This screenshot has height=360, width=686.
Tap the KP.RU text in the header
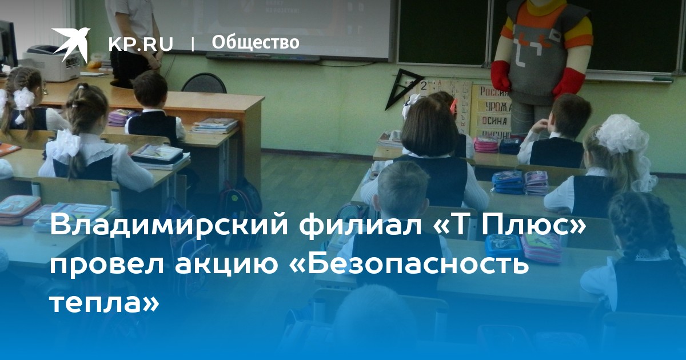tap(141, 44)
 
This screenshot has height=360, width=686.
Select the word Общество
tap(256, 42)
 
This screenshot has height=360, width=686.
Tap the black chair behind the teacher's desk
tap(204, 83)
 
